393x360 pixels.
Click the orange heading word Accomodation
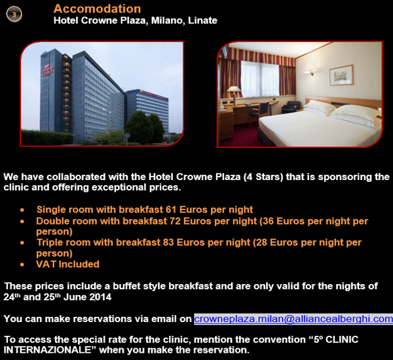pyautogui.click(x=97, y=9)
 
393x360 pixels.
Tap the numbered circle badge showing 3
pyautogui.click(x=14, y=14)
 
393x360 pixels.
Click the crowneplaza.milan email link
pyautogui.click(x=293, y=319)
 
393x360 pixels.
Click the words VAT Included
pyautogui.click(x=67, y=264)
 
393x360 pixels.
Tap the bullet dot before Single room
pyautogui.click(x=22, y=210)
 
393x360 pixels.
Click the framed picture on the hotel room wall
pyautogui.click(x=341, y=75)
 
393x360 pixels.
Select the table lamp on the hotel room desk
pyautogui.click(x=233, y=94)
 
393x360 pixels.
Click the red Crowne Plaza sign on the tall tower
pyautogui.click(x=47, y=70)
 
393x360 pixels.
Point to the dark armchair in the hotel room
pyautogui.click(x=291, y=107)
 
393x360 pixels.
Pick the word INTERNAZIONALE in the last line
pyautogui.click(x=47, y=350)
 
